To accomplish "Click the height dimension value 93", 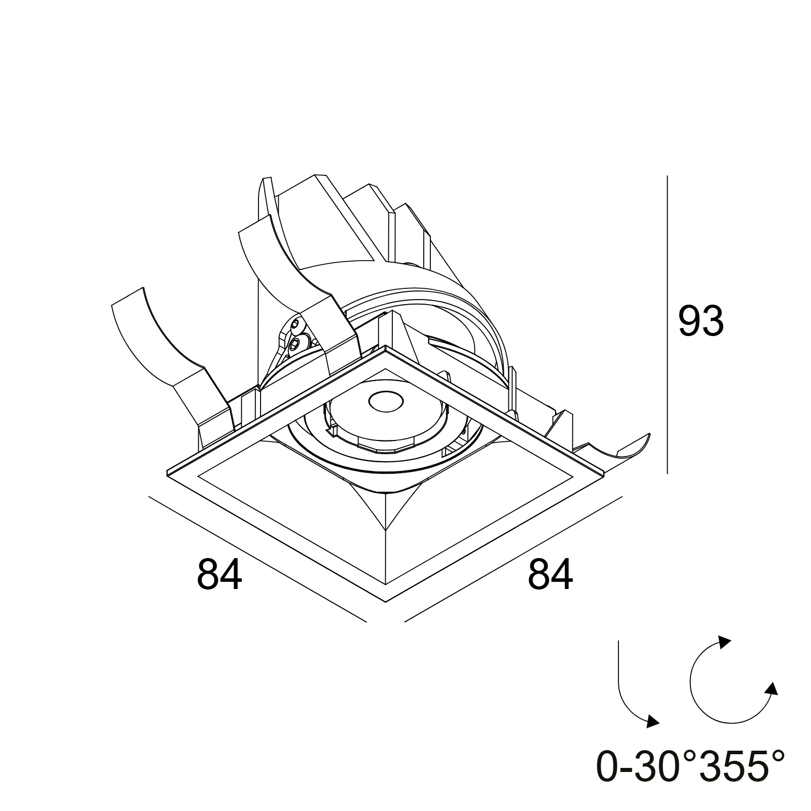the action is click(x=701, y=322).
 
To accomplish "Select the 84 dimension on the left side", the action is click(x=219, y=574).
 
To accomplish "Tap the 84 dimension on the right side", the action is click(x=550, y=574).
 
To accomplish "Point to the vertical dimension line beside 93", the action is click(x=667, y=325).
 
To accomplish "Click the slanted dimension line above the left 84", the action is click(x=257, y=559).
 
